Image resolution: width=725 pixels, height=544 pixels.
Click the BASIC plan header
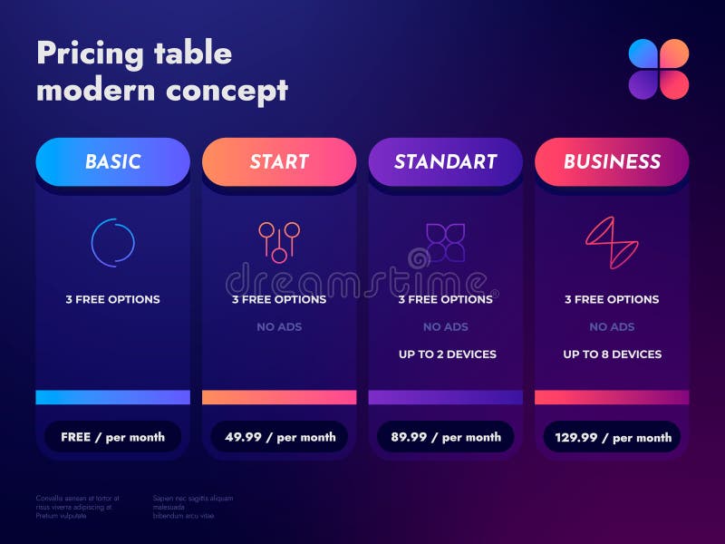(112, 162)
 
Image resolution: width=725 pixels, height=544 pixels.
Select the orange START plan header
(279, 162)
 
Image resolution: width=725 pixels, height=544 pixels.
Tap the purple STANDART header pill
(445, 162)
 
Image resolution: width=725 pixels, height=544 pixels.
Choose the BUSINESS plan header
(612, 162)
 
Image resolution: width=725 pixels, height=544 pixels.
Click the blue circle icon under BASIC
(113, 241)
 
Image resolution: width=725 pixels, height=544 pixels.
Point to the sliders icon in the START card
(279, 241)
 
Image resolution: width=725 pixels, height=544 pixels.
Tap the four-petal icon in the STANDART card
(445, 241)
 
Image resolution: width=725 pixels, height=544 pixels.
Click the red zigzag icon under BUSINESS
(612, 242)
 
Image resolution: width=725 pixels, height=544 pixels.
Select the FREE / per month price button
(112, 437)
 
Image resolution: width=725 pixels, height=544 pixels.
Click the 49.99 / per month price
(279, 437)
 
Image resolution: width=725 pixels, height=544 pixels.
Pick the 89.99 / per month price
(445, 437)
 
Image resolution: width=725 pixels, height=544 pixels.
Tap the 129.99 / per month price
(612, 437)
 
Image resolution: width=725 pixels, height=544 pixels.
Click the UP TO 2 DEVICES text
(447, 355)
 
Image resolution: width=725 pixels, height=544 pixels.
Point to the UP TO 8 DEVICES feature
(612, 355)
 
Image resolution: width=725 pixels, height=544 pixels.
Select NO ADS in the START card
(279, 326)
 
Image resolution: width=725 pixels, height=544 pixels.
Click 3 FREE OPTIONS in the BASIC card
(112, 299)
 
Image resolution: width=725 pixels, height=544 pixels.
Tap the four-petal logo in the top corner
(659, 69)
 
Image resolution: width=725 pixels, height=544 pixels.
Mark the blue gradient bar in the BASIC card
(112, 397)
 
